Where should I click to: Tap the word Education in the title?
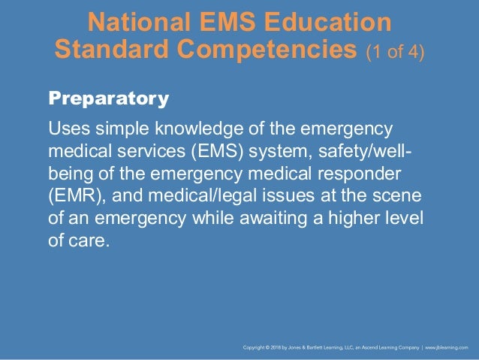328,23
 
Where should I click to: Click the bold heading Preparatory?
108,98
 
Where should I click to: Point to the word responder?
360,174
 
